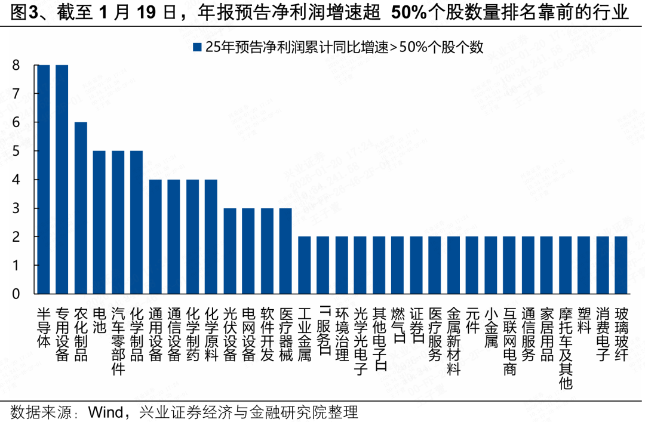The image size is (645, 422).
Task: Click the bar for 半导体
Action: coord(44,179)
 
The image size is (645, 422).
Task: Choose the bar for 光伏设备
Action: coord(230,251)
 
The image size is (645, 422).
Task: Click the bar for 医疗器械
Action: coord(285,251)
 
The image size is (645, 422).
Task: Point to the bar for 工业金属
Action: coord(304,265)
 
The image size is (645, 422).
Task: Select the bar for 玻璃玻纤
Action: coord(621,265)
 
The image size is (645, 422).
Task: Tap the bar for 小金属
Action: coord(491,265)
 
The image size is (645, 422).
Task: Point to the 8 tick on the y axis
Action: coord(16,65)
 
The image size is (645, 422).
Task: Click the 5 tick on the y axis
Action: coord(16,151)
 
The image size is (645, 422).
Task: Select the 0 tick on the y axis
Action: coord(16,294)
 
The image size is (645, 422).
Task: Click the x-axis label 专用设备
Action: coord(62,334)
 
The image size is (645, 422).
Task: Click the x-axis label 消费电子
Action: coord(603,334)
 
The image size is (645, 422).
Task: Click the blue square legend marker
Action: coord(196,47)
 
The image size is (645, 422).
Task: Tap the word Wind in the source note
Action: coord(106,412)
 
